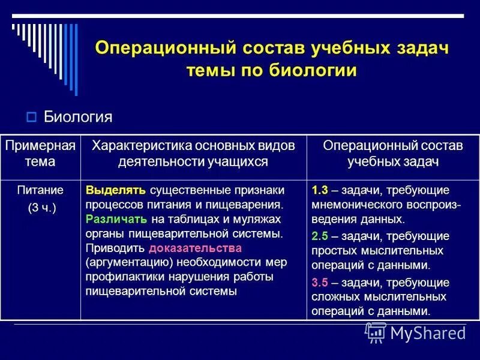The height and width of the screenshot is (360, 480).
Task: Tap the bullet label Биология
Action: point(78,116)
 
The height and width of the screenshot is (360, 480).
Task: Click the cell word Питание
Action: point(41,191)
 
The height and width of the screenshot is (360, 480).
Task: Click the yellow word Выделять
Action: point(116,191)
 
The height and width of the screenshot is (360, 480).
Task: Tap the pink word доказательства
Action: point(195,248)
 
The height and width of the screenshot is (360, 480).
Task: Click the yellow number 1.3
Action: point(320,191)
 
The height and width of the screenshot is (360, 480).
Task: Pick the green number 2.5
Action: point(320,236)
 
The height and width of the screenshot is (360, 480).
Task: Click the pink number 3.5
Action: point(320,282)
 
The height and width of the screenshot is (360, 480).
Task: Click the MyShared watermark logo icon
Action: point(376,332)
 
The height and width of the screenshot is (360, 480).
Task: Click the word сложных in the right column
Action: point(333,297)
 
